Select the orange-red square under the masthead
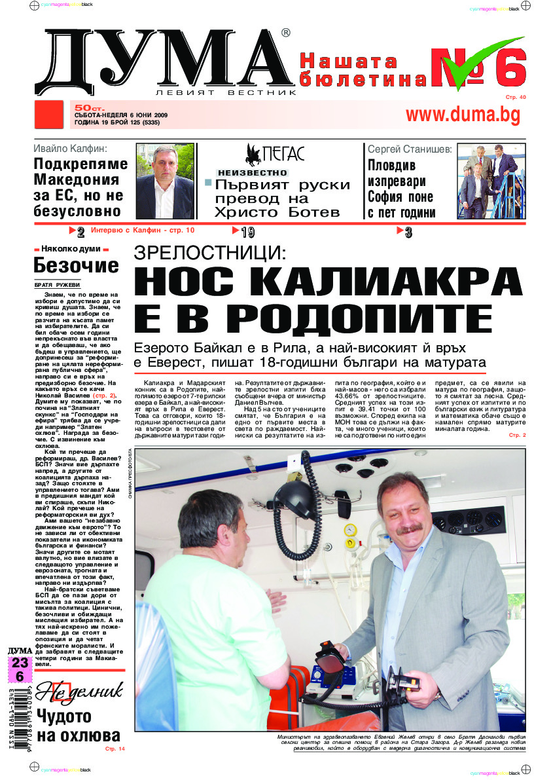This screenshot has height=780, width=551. coord(49,115)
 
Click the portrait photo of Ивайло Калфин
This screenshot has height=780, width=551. coord(165,181)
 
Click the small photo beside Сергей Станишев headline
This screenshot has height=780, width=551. coord(491,181)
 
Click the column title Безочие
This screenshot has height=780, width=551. coord(76,265)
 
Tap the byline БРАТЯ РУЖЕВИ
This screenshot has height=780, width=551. coord(57,285)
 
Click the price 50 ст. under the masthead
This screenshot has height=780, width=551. coord(86,106)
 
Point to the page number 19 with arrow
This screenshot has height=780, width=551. coord(243,231)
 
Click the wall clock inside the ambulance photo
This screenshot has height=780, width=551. coord(350,529)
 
